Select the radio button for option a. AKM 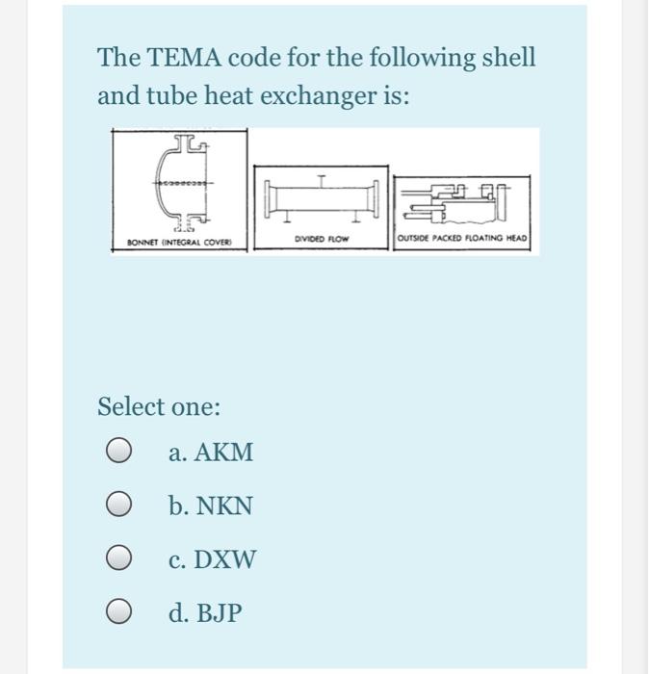coord(118,452)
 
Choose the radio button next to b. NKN coord(118,505)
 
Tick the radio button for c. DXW coord(118,557)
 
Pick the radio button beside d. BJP coord(118,610)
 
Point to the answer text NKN coord(224,505)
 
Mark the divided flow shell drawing coord(321,197)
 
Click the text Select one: coord(159,406)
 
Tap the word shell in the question coord(505,58)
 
